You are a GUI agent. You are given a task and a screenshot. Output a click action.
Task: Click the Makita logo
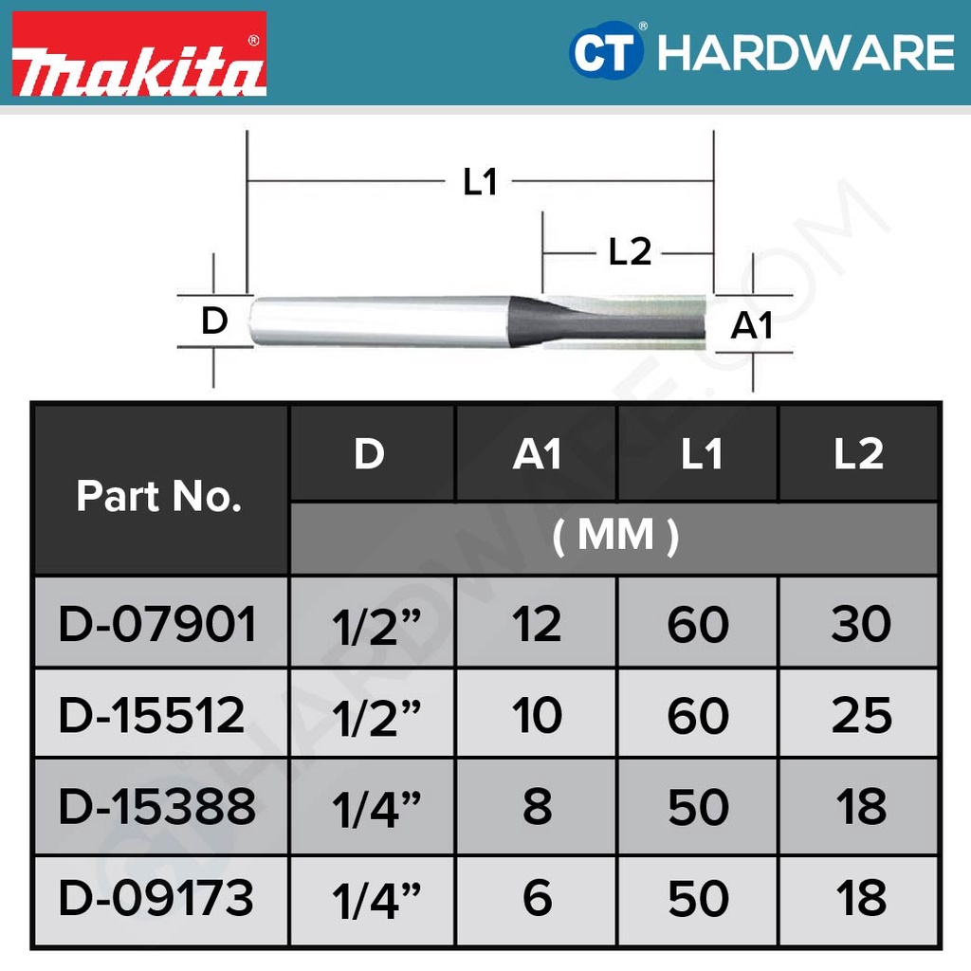(139, 54)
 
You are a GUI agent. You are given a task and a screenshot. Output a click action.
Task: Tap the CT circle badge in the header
(605, 51)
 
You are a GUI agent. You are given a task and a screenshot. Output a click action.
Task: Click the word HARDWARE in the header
(806, 53)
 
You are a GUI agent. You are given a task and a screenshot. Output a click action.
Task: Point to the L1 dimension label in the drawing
(481, 182)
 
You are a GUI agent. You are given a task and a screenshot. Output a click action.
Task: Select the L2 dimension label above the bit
(630, 252)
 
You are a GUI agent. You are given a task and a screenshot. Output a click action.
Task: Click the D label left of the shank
(214, 321)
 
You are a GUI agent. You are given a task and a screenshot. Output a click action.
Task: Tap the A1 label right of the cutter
(752, 326)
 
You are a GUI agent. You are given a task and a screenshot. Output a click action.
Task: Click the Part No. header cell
(159, 496)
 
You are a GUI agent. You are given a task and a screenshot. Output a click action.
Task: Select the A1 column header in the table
(537, 454)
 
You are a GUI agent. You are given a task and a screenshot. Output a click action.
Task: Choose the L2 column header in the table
(858, 454)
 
